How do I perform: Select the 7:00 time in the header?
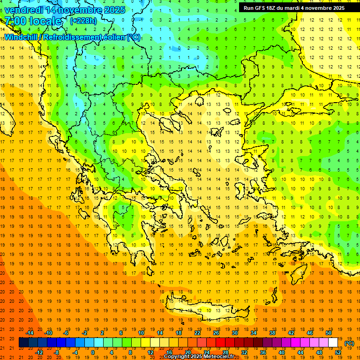pyautogui.click(x=15, y=21)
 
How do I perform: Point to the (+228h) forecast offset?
pyautogui.click(x=83, y=21)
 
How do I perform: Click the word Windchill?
pyautogui.click(x=22, y=37)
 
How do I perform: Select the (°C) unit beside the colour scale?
pyautogui.click(x=349, y=343)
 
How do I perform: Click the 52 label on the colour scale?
pyautogui.click(x=338, y=352)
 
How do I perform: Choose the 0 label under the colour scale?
pyautogui.click(x=93, y=352)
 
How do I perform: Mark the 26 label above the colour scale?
pyautogui.click(x=216, y=333)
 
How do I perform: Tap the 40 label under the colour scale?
pyautogui.click(x=282, y=352)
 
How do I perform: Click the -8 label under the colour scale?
pyautogui.click(x=57, y=352)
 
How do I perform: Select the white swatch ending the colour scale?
pyautogui.click(x=333, y=343)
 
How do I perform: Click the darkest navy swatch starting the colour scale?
pyautogui.click(x=24, y=343)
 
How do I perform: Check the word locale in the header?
pyautogui.click(x=45, y=21)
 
